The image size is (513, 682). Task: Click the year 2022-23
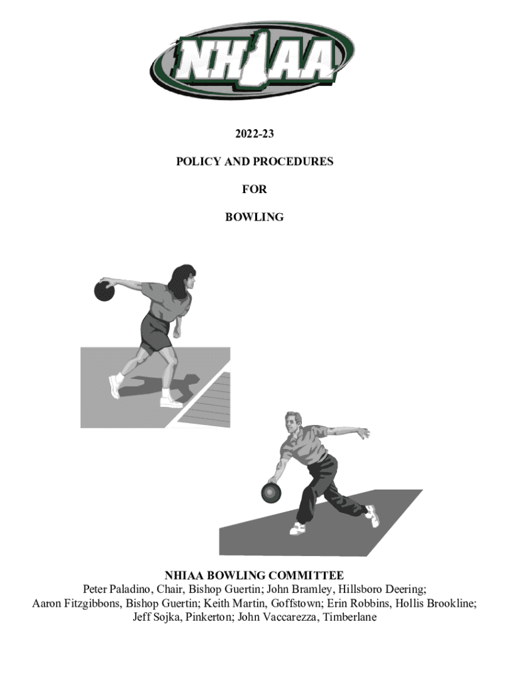click(255, 133)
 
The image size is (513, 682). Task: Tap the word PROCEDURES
click(293, 161)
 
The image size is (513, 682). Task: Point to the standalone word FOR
click(255, 189)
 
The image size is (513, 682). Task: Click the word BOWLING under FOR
click(255, 217)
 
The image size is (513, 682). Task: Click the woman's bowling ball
click(105, 291)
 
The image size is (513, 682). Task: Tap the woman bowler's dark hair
click(181, 280)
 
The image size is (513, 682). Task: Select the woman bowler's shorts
click(155, 333)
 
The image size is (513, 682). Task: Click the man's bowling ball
click(271, 492)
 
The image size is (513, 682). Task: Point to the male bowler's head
click(293, 422)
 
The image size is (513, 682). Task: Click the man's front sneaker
click(298, 528)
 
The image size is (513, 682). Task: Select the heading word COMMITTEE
click(307, 575)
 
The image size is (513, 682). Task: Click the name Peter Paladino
click(117, 589)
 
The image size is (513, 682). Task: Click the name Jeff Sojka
click(157, 617)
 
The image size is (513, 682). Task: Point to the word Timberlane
click(350, 617)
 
